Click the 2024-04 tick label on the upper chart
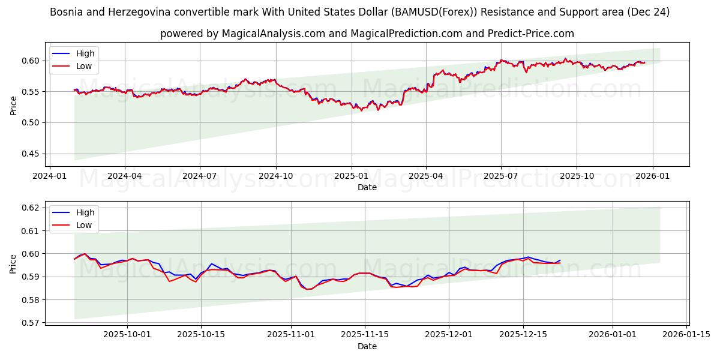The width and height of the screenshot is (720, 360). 124,177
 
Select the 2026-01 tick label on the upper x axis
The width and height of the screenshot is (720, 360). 652,177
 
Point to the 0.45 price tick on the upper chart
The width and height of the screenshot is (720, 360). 30,154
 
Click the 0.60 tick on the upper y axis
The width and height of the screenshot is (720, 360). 30,61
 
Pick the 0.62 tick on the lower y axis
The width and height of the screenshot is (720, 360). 30,208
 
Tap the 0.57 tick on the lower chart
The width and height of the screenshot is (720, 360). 30,323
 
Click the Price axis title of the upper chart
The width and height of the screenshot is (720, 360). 13,104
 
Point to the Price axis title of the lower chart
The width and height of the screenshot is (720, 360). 13,264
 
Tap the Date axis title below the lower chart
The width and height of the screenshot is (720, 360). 367,346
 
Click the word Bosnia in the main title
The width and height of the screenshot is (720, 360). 65,12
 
